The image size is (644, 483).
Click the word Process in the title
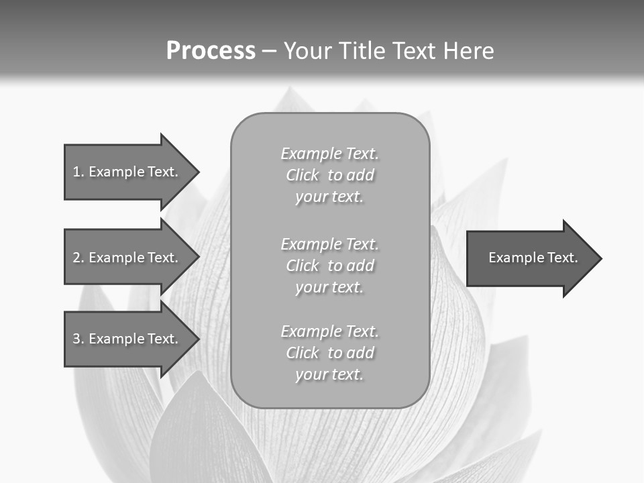click(211, 50)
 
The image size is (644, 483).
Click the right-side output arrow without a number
click(530, 258)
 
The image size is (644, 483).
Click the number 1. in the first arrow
click(78, 172)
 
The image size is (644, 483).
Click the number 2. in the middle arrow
click(78, 258)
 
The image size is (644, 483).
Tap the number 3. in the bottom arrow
click(78, 339)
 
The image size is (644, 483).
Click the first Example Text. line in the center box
click(329, 154)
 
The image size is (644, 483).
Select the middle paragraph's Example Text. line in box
click(329, 244)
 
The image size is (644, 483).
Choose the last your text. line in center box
click(329, 374)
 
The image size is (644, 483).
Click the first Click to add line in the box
click(329, 175)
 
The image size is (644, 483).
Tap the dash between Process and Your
click(269, 51)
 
